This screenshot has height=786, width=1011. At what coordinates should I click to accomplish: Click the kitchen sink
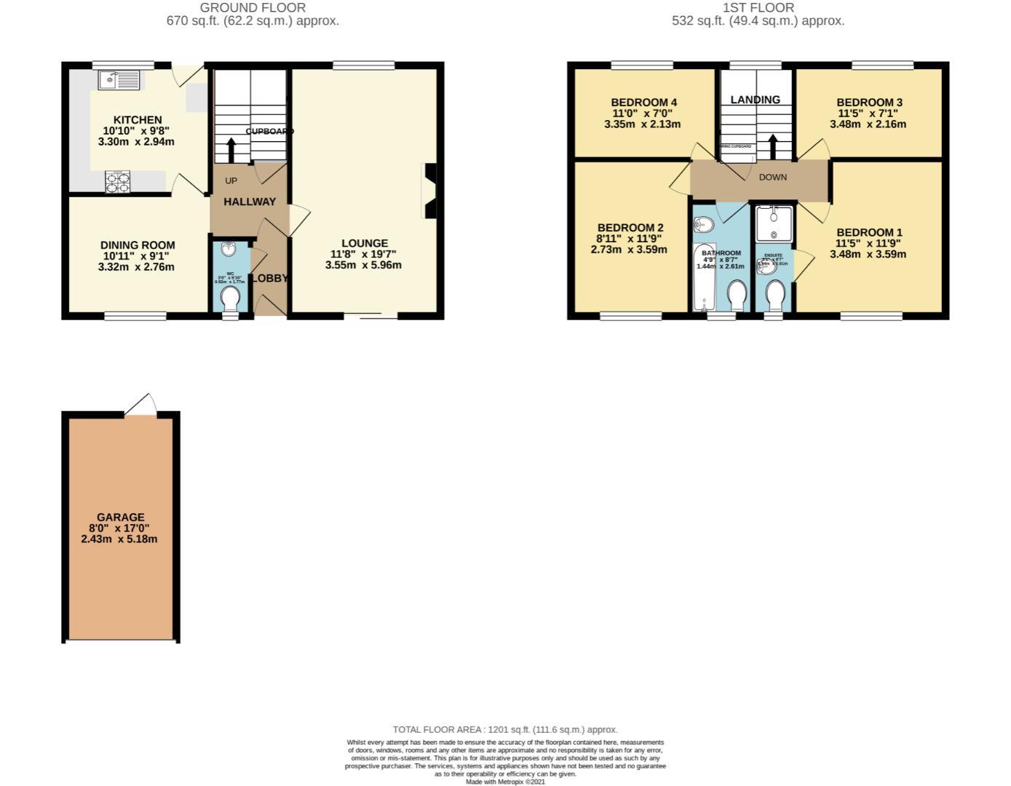click(118, 79)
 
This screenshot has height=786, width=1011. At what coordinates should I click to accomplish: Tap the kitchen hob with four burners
click(119, 181)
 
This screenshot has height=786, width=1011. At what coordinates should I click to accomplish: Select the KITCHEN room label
click(138, 120)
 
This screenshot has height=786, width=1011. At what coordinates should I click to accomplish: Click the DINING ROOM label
click(138, 245)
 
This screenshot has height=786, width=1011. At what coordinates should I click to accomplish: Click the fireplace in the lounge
click(429, 191)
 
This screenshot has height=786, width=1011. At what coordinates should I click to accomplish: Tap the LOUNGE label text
click(365, 243)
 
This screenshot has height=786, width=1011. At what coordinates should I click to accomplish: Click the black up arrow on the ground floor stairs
click(231, 150)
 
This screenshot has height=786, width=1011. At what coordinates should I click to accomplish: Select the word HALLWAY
click(250, 202)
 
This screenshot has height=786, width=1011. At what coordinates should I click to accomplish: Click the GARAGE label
click(121, 517)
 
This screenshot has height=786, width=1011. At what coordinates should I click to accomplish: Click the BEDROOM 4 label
click(643, 103)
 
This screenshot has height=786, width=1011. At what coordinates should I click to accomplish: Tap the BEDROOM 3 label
click(869, 103)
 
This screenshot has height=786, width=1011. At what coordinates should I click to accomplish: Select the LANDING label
click(756, 100)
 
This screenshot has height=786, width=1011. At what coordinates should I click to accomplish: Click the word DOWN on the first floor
click(773, 177)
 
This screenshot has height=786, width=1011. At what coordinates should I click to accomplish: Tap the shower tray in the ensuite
click(773, 223)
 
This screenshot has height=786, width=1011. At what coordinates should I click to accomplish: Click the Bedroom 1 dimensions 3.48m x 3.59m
click(869, 254)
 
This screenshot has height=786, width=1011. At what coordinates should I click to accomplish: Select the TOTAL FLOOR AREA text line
click(505, 729)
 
